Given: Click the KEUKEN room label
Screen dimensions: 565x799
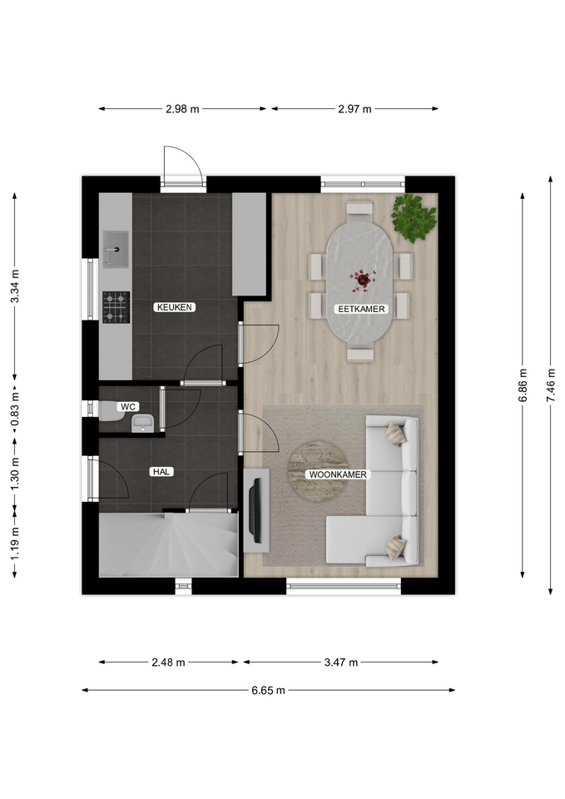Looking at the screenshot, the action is (x=175, y=307).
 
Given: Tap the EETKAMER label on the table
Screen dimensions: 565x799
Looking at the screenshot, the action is (x=362, y=309).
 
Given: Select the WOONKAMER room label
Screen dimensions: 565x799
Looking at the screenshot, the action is (x=338, y=474).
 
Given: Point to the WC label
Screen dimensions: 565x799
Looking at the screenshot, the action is (x=128, y=407).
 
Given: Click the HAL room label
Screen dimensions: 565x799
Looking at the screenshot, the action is (x=161, y=472).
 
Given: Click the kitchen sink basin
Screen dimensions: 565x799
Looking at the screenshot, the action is (x=116, y=249).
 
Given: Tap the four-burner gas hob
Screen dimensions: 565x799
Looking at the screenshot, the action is (x=116, y=307).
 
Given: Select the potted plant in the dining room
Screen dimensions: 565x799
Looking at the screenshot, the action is (x=414, y=217).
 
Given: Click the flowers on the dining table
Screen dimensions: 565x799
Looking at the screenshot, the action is (x=362, y=280).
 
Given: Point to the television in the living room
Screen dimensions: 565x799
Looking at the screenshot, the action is (x=255, y=510).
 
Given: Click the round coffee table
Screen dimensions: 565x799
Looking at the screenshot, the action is (x=319, y=471).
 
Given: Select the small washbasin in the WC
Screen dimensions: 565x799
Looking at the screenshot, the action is (x=142, y=423).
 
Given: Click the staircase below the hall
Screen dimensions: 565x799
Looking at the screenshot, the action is (x=169, y=544).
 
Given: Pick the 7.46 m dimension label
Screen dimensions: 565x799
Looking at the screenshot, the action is (x=550, y=385).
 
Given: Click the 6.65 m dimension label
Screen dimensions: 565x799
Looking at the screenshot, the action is (x=269, y=691).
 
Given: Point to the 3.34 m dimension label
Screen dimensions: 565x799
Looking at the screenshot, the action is (x=15, y=285).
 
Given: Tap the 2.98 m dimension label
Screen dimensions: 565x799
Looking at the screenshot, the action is (x=182, y=108).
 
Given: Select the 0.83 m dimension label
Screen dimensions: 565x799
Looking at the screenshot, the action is (x=15, y=408).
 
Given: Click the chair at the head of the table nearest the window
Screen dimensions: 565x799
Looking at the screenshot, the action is (x=359, y=208).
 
